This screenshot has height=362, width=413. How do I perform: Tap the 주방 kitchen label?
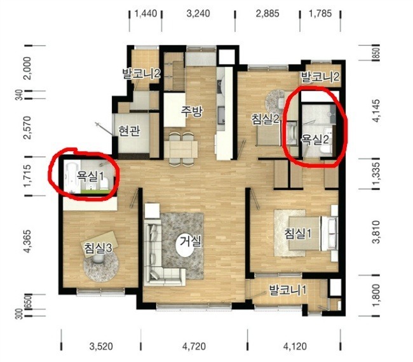(x=191, y=112)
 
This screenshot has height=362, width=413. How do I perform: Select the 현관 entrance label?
(x=129, y=131)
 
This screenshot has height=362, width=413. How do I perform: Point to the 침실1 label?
(x=298, y=233)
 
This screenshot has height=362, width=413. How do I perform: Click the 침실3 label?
(x=98, y=248)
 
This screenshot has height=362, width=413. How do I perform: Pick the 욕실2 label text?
(x=315, y=140)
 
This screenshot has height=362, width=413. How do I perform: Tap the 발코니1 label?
(x=287, y=290)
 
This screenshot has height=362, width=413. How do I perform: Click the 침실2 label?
(x=265, y=119)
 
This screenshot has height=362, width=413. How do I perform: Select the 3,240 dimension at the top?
(x=198, y=13)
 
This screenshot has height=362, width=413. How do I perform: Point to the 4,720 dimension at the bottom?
(x=194, y=346)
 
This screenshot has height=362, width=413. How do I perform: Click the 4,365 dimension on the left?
(x=28, y=241)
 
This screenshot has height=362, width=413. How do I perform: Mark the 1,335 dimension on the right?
(x=377, y=173)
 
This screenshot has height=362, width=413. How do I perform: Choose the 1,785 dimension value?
(x=320, y=13)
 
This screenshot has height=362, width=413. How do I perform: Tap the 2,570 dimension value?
(x=28, y=128)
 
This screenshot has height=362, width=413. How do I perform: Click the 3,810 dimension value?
(x=377, y=232)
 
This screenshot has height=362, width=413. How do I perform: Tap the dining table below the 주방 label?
(x=180, y=149)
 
